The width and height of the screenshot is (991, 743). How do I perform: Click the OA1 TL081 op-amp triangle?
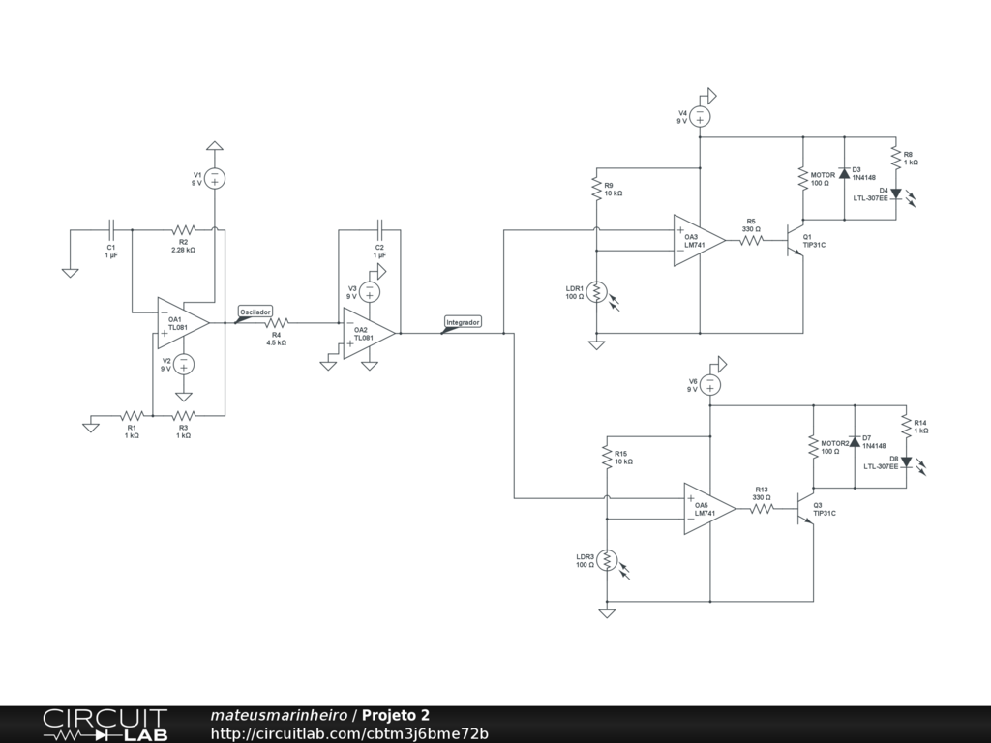click(183, 323)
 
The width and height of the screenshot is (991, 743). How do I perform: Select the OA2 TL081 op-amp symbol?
click(369, 334)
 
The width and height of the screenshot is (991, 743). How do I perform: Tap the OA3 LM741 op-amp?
click(699, 240)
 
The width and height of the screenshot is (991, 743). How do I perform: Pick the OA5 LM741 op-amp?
click(709, 509)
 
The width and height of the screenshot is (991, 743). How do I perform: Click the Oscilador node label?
click(255, 312)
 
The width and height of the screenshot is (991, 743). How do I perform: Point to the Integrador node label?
click(462, 322)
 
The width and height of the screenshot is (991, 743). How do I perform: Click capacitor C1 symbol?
click(111, 230)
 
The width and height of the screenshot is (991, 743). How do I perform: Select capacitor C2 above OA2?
click(379, 230)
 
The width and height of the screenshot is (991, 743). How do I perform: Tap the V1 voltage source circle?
click(215, 178)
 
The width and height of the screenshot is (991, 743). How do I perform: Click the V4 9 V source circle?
click(700, 116)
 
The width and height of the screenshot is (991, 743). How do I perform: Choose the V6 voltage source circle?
click(709, 385)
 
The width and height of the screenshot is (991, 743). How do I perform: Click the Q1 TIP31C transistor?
click(795, 240)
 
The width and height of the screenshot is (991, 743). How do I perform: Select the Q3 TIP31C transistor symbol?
click(804, 509)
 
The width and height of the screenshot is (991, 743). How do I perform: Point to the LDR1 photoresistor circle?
click(596, 292)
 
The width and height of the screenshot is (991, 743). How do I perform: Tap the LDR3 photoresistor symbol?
click(607, 560)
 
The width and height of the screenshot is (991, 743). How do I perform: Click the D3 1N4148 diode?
click(844, 174)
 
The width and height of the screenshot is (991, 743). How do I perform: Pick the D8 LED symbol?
click(906, 461)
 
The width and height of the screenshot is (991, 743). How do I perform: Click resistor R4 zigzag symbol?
click(276, 323)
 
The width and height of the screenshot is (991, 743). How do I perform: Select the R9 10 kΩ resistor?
click(596, 189)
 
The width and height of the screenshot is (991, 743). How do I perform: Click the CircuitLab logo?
click(105, 725)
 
